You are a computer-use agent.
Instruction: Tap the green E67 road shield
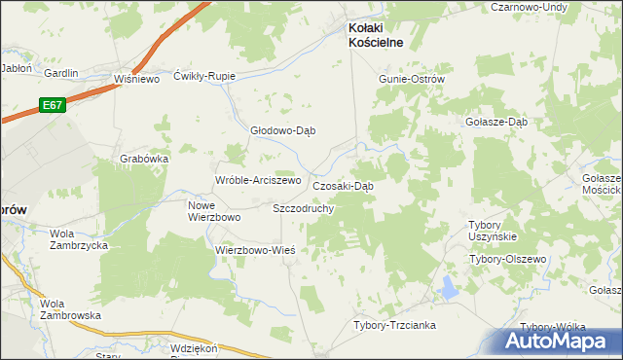click(x=54, y=104)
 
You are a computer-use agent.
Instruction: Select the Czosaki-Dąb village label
click(x=343, y=186)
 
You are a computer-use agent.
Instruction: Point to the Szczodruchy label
click(x=304, y=208)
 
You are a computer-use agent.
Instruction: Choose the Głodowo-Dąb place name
click(x=284, y=130)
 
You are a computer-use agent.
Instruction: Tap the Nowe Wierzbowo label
click(x=213, y=211)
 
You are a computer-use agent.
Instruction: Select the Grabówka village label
click(x=145, y=159)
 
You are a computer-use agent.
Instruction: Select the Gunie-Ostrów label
click(x=411, y=79)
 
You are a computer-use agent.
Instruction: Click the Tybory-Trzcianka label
click(x=394, y=325)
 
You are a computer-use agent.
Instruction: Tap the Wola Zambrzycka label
click(x=79, y=239)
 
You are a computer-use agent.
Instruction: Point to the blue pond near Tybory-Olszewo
click(x=448, y=288)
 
